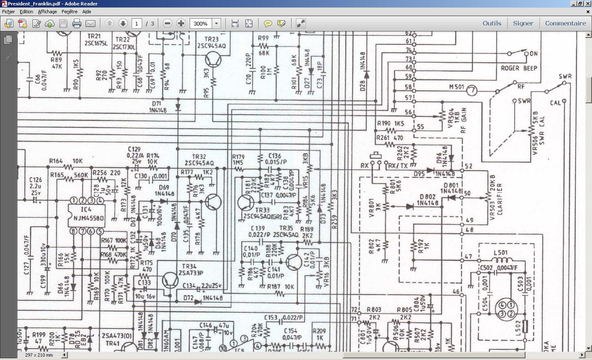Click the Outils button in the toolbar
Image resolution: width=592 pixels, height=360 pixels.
492,23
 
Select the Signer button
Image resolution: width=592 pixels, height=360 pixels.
523,23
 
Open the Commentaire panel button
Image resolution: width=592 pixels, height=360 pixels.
565,23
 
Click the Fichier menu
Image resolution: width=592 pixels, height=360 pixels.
8,12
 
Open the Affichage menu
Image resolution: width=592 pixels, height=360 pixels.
47,12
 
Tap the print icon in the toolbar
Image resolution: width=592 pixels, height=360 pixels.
77,24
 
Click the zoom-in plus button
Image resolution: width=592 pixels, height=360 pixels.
181,24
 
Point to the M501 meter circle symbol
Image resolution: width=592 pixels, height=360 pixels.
471,91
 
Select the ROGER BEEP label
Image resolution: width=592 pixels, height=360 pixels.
519,68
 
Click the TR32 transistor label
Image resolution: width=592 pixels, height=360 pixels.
199,156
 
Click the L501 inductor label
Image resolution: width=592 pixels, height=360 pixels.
501,252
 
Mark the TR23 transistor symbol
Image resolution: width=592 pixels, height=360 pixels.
213,60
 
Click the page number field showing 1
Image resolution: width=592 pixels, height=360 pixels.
137,24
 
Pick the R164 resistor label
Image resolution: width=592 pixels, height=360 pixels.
56,161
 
